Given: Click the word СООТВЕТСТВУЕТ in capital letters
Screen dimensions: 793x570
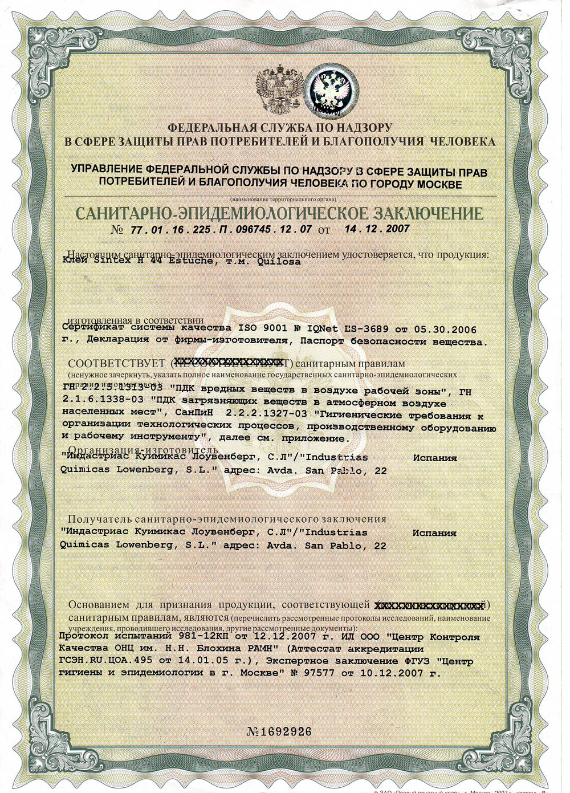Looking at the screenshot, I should (x=117, y=363).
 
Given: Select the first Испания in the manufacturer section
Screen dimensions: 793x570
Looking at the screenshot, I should (x=435, y=458).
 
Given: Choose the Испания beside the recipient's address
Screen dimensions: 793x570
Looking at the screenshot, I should (x=435, y=533).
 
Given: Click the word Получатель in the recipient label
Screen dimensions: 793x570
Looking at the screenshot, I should (x=100, y=519).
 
